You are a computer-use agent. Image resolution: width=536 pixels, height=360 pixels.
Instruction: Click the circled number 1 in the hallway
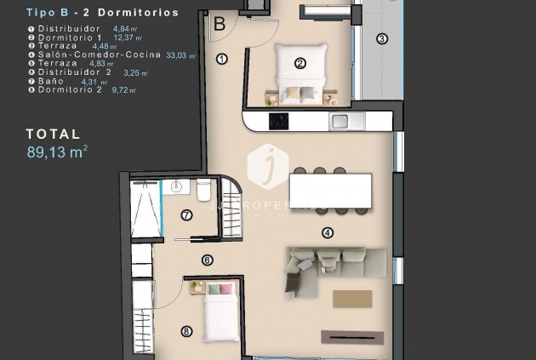coord(222,60)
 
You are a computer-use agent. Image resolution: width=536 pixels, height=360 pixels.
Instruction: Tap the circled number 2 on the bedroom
coord(299,62)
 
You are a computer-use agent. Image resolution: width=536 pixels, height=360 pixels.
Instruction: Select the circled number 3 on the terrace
coord(382,38)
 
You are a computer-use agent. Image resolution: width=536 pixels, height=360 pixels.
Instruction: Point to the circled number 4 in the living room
coord(328,232)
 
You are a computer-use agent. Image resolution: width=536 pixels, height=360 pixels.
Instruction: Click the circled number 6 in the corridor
coord(207,260)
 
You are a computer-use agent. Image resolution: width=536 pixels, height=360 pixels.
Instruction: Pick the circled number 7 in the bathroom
coord(186,216)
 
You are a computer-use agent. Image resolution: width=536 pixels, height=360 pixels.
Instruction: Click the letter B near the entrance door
coord(219,24)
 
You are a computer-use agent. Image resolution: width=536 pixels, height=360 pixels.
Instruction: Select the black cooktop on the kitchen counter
coord(279,121)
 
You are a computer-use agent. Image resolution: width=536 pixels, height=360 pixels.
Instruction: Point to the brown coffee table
coord(352,299)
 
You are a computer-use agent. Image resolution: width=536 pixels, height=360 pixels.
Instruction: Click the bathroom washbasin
coord(178,186)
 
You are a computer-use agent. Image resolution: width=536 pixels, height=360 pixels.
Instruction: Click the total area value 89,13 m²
coord(57,152)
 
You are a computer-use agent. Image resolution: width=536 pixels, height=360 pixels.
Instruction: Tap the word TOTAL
coord(53,134)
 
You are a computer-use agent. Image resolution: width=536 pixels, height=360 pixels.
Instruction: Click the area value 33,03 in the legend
coord(179,55)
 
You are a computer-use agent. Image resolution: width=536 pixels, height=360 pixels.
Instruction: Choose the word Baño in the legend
coord(52,81)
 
